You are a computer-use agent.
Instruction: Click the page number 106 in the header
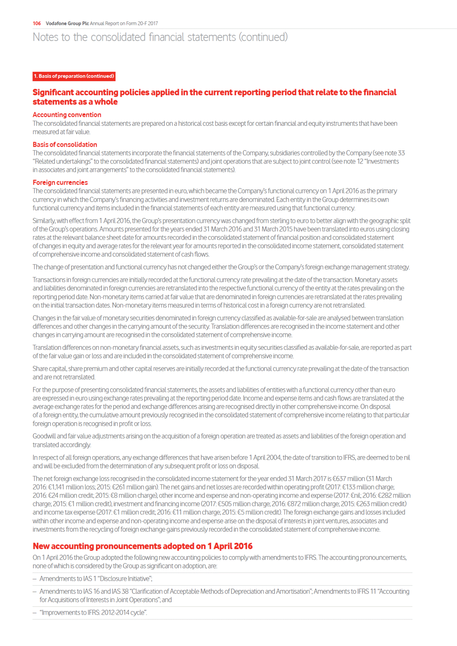[37, 24]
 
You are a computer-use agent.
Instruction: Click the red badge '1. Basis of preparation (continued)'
[74, 76]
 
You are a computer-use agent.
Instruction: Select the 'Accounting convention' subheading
[67, 115]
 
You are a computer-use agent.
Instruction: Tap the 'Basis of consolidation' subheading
[65, 144]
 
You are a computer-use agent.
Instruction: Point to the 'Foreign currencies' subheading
[60, 183]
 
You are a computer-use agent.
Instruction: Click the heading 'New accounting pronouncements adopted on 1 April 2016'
[143, 546]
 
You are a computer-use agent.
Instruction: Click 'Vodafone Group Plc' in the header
[67, 24]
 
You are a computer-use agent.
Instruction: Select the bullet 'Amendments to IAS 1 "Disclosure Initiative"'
[96, 579]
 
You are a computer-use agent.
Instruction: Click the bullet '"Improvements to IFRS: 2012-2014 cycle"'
[93, 612]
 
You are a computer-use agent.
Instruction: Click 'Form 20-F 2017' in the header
[142, 24]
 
